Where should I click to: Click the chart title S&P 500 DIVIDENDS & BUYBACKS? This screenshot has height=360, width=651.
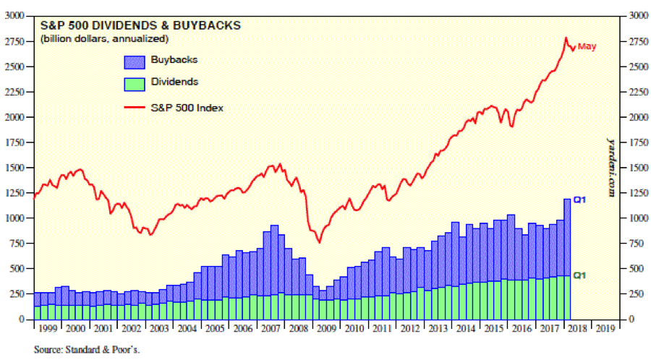pos(141,25)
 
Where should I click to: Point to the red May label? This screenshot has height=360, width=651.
pos(587,47)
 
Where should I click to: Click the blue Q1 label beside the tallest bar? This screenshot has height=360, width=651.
pos(579,200)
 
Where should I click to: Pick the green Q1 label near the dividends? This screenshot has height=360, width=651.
pos(579,275)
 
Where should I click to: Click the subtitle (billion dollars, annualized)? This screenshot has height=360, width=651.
pos(105,38)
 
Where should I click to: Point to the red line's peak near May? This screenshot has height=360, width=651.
pos(566,38)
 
